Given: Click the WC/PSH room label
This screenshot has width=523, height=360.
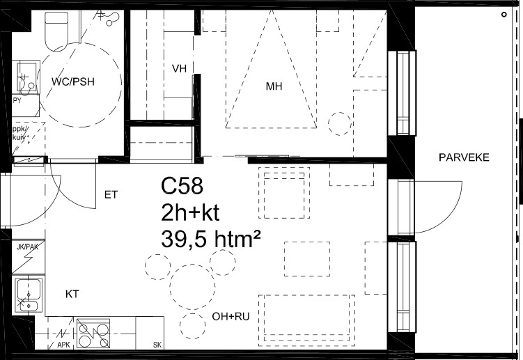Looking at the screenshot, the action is pyautogui.click(x=73, y=81).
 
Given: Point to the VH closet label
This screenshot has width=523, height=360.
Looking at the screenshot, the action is pyautogui.click(x=179, y=69).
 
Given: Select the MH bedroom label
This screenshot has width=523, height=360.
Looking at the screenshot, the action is pyautogui.click(x=274, y=86).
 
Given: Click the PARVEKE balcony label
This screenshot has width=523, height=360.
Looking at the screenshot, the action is pyautogui.click(x=464, y=157).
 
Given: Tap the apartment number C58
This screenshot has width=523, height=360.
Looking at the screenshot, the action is pyautogui.click(x=182, y=186).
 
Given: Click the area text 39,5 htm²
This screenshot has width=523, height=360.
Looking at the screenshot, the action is pyautogui.click(x=210, y=239).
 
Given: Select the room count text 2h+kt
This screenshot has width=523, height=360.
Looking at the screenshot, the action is pyautogui.click(x=190, y=212).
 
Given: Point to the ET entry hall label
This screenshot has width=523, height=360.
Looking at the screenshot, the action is pyautogui.click(x=111, y=194).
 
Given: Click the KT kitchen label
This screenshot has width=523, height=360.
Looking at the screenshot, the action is pyautogui.click(x=72, y=294).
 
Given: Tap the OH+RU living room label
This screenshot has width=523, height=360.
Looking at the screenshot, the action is pyautogui.click(x=231, y=316).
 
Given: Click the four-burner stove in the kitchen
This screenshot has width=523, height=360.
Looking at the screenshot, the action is pyautogui.click(x=93, y=333).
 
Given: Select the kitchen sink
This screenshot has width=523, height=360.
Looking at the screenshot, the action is pyautogui.click(x=29, y=295).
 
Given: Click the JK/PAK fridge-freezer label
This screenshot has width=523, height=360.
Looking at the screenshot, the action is pyautogui.click(x=28, y=247).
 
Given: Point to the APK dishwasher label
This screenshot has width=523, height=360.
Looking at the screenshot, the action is pyautogui.click(x=63, y=344).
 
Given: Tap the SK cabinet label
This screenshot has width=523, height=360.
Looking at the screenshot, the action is pyautogui.click(x=157, y=344).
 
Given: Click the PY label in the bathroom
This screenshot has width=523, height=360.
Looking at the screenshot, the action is pyautogui.click(x=17, y=100).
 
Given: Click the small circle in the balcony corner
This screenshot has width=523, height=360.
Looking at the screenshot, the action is pyautogui.click(x=504, y=15).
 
